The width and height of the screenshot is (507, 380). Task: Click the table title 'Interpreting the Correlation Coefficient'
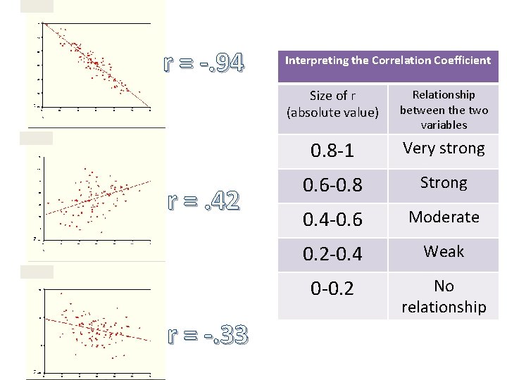(387, 61)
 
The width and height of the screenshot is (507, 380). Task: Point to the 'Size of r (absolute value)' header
(332, 103)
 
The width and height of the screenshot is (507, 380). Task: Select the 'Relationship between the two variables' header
(444, 109)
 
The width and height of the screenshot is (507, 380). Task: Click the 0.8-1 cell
(332, 151)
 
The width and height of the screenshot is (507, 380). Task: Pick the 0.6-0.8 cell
(332, 185)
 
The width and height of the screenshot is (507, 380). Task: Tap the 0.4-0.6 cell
(332, 220)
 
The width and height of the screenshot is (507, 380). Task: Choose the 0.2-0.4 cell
(332, 254)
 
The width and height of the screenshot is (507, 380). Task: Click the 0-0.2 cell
(332, 289)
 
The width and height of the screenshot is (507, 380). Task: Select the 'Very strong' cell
(444, 148)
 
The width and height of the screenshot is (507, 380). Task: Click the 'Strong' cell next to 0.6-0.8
(444, 183)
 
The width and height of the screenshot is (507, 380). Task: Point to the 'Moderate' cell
(444, 217)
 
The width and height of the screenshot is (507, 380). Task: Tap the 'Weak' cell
(444, 252)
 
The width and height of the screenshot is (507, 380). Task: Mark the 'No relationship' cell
(444, 296)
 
